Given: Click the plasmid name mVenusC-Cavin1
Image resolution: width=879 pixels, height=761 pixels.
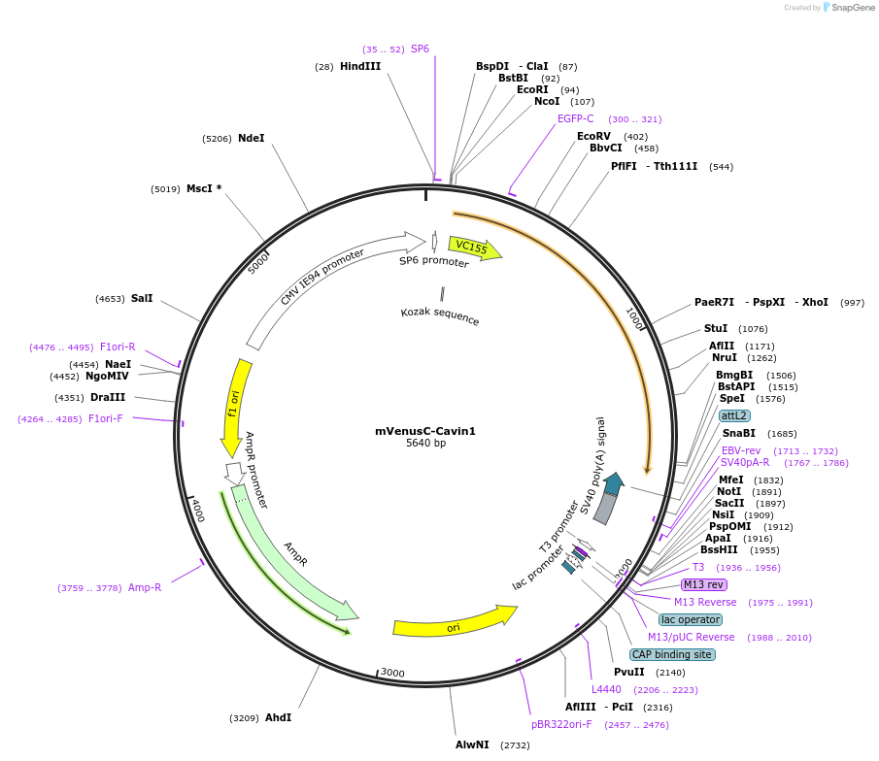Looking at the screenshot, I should (425, 431).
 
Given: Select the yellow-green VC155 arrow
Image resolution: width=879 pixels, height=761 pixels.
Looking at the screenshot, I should (474, 248).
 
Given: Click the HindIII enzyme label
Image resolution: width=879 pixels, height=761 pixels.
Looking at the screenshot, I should (360, 66).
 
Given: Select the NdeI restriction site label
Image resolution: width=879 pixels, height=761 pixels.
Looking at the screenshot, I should (251, 139).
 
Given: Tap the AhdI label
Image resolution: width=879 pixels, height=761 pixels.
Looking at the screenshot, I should (278, 718).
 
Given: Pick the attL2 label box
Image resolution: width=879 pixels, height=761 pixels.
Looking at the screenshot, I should (734, 415).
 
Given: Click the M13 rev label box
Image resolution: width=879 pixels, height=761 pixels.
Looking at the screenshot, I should (703, 584).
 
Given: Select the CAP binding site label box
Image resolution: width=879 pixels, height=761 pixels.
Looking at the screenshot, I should (672, 654).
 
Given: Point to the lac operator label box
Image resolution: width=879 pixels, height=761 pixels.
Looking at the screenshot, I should (690, 619).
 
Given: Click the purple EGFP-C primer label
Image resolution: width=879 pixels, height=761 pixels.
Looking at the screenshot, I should (575, 118).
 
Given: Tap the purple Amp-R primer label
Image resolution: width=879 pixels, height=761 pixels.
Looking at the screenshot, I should (145, 587).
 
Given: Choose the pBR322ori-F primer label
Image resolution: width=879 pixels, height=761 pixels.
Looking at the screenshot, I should (561, 724).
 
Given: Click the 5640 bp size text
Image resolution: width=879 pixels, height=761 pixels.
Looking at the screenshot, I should (425, 444).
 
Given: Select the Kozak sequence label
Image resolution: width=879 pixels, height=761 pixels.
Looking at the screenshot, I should (440, 314).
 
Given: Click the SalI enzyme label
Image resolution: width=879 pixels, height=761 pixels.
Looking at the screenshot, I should (142, 299).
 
